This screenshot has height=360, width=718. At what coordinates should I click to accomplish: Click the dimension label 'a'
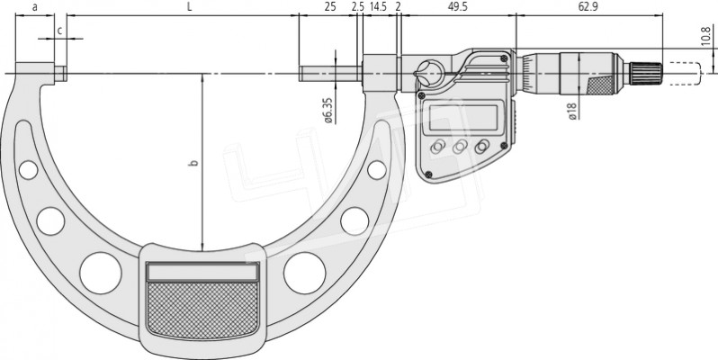tap(35, 7)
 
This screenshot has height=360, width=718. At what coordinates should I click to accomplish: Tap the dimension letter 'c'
tap(59, 31)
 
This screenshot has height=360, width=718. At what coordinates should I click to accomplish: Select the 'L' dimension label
tap(189, 7)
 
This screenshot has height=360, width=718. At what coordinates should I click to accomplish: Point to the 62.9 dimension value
tap(588, 7)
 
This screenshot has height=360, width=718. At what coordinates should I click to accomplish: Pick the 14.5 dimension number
tap(378, 7)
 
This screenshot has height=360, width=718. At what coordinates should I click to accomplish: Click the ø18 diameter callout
tap(572, 111)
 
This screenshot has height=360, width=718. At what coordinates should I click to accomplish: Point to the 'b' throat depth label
tap(194, 162)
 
